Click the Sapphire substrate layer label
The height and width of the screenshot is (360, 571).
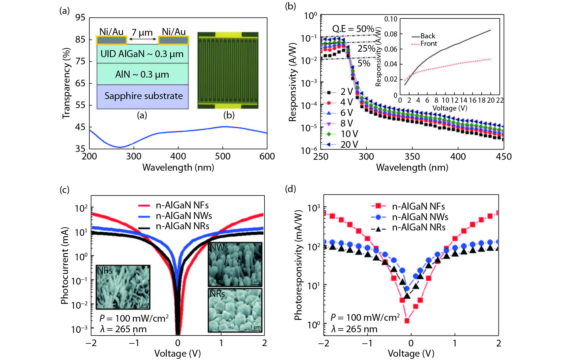coord(144,96)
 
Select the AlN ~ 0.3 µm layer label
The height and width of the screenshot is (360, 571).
coord(142,74)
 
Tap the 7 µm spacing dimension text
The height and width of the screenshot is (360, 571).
coord(142,32)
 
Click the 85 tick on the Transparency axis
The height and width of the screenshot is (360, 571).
coord(80,40)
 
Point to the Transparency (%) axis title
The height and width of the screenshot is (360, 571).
coord(66,83)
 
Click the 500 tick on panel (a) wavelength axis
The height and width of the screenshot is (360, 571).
coord(223,156)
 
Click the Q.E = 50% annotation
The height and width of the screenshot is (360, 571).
coord(353,29)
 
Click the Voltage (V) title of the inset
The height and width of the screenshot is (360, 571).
coord(450,108)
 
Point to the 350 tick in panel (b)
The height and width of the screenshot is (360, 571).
coord(412,156)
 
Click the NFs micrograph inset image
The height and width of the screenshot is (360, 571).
coord(123,287)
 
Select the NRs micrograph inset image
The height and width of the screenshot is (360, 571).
coord(235,310)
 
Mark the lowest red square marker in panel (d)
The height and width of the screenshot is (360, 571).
coord(407,321)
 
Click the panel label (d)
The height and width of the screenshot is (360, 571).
coord(290,189)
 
